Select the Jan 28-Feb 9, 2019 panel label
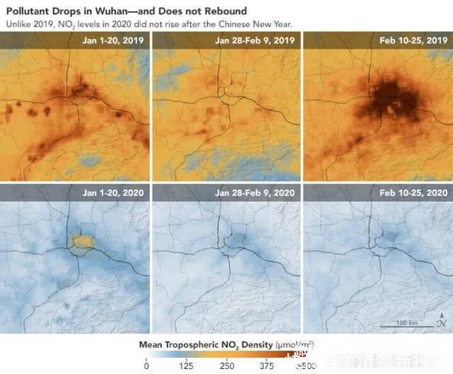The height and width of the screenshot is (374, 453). pyautogui.click(x=256, y=41)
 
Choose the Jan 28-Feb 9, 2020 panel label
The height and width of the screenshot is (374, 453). pyautogui.click(x=256, y=192)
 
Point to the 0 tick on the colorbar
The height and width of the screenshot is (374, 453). pyautogui.click(x=147, y=365)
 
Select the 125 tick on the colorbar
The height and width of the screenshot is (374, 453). pyautogui.click(x=187, y=365)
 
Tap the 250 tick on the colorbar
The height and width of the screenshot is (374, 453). pyautogui.click(x=227, y=365)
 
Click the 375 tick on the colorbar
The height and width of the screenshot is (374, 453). pyautogui.click(x=268, y=365)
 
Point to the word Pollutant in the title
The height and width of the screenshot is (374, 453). pyautogui.click(x=30, y=11)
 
